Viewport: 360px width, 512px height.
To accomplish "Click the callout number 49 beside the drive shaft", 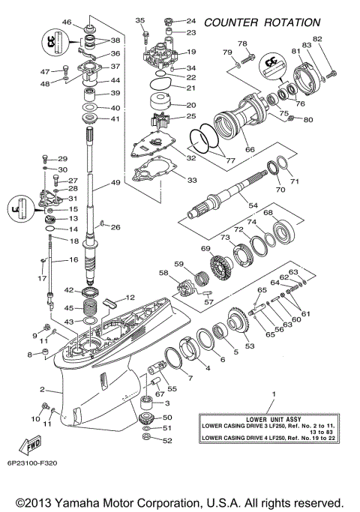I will point(115,183).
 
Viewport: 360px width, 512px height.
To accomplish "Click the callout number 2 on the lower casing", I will point(43,389).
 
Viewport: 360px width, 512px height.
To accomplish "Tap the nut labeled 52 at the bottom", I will point(146,439).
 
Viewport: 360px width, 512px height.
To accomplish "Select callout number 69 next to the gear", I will point(205,248).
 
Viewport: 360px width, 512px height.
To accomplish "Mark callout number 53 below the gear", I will point(250,346).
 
